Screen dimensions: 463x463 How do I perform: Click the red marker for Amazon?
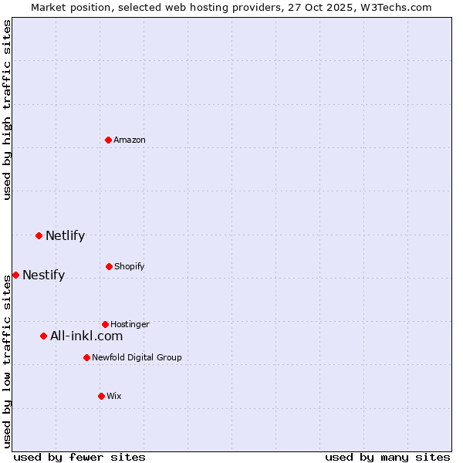pos(109,140)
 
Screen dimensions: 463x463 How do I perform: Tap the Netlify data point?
pos(39,235)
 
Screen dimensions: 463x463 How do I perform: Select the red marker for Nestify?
pos(15,275)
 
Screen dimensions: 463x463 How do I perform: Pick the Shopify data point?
pos(109,266)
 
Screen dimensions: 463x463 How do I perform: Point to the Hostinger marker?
pos(105,324)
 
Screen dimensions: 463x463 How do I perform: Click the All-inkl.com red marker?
pos(43,336)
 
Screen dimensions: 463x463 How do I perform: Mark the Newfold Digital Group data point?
pos(86,357)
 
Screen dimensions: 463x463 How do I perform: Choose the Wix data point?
pos(101,396)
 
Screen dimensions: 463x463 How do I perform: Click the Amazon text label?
pos(130,140)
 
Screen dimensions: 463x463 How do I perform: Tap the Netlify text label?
pos(65,235)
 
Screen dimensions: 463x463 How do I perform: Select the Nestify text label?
pos(43,275)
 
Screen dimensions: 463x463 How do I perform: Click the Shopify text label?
pos(130,266)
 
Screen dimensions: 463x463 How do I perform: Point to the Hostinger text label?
pos(130,324)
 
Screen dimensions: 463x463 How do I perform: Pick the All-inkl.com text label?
pos(86,336)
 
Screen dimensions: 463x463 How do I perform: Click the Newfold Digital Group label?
pos(137,357)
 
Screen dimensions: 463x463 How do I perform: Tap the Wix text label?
pos(114,396)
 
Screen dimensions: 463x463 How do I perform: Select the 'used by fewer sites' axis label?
pos(79,457)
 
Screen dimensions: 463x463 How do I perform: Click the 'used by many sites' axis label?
pos(387,457)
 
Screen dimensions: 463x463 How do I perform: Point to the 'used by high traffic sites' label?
pos(7,110)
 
